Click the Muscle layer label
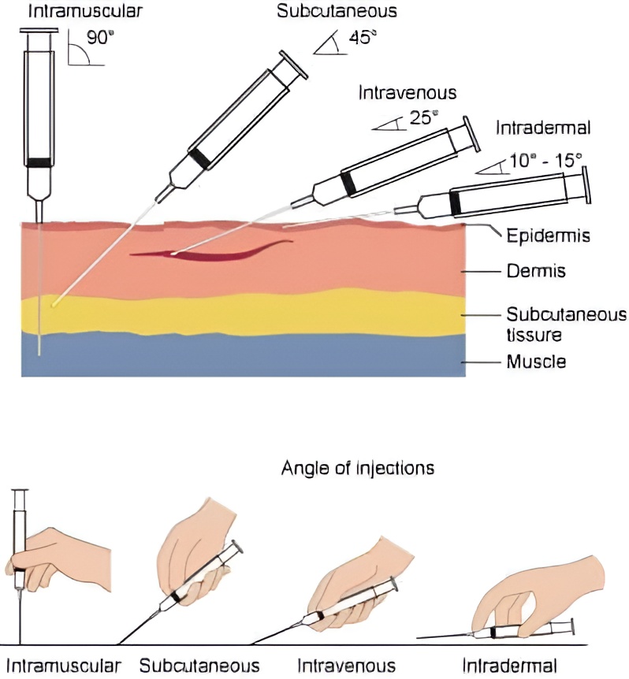pyautogui.click(x=537, y=363)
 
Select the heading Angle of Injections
pyautogui.click(x=358, y=468)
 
